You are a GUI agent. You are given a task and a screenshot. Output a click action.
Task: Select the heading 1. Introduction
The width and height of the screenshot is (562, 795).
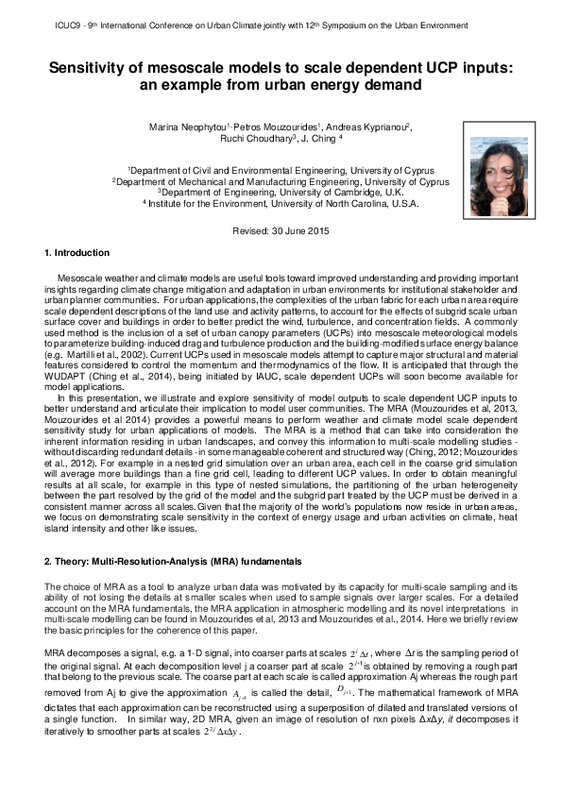point(77,253)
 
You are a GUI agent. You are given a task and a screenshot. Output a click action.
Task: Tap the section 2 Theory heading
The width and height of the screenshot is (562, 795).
point(173,561)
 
